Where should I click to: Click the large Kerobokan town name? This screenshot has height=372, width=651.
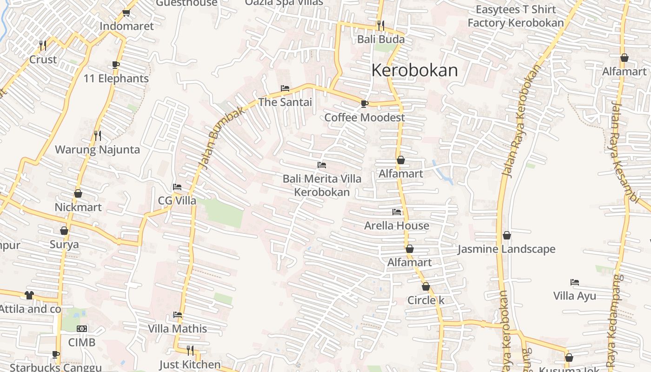pos(414,70)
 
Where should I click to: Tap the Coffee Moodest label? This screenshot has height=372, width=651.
pos(365,117)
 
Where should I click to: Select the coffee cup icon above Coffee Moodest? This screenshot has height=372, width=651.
pos(365,103)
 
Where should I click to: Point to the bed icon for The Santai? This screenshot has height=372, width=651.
pos(285,88)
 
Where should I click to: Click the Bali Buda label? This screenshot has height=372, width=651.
pos(381,39)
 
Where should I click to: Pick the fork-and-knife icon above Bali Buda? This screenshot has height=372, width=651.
pos(381,25)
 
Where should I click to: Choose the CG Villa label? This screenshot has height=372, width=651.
pos(177,201)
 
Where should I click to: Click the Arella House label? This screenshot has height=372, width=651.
pos(397,226)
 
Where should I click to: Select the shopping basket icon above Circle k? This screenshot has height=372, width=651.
pos(426,286)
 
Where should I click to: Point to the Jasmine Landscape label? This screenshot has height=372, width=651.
pos(506,249)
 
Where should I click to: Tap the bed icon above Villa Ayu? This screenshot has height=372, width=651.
pos(575,282)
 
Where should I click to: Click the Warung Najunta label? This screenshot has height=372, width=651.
pos(97,150)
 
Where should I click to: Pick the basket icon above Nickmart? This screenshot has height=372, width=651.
pos(78,193)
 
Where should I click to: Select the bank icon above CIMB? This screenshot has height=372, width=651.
pos(82,329)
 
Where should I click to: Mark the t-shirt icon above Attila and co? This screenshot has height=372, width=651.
pos(29,295)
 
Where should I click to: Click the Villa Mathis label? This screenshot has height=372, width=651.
pos(177,329)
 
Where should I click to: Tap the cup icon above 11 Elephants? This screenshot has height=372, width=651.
pos(116,65)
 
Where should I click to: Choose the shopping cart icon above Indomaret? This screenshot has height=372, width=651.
pos(126,13)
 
